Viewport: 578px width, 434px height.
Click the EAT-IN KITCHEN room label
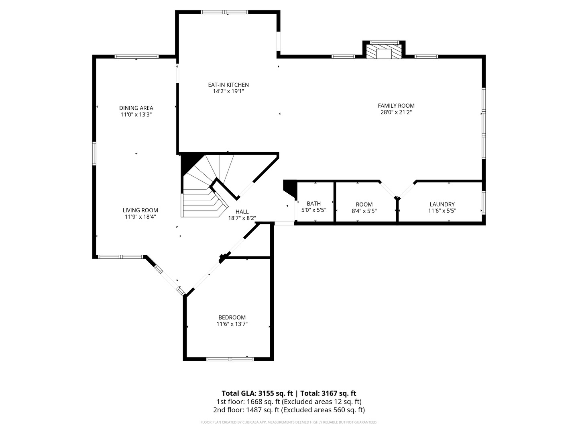point(228,85)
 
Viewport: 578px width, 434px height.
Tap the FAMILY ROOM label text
point(396,106)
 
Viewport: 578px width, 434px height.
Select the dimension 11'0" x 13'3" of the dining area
point(136,115)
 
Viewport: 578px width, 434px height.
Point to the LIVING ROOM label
point(140,210)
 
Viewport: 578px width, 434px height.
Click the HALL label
point(242,212)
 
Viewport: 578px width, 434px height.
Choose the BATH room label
point(313,204)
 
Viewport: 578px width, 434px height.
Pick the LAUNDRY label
point(442,204)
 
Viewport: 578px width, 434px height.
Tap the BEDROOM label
point(232,317)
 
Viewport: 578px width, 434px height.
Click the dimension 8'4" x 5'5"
point(364,211)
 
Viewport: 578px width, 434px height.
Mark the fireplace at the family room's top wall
point(384,52)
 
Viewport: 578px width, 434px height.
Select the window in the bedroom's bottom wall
point(230,359)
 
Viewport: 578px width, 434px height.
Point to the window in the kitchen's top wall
point(224,12)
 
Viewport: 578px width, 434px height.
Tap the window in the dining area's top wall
point(136,56)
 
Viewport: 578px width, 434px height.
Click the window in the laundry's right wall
point(484,203)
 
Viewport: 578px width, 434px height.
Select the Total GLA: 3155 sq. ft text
point(257,393)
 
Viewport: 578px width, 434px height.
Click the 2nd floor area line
point(289,410)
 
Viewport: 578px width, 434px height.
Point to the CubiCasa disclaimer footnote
point(289,422)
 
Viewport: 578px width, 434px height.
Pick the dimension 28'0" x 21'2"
point(396,112)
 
